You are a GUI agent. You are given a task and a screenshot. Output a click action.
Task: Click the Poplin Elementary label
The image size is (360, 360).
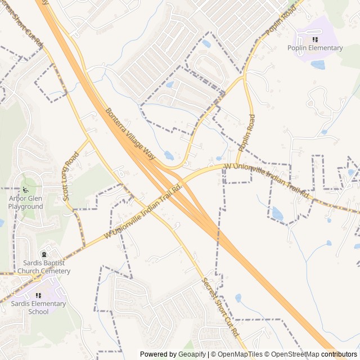315,48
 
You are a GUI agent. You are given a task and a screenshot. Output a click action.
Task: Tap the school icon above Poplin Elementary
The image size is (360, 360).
315,39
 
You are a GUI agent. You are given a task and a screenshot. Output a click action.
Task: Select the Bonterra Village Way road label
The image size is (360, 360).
130,133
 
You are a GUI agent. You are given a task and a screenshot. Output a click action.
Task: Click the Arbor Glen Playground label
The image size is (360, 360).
25,202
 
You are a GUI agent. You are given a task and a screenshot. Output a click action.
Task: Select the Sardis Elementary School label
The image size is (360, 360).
38,308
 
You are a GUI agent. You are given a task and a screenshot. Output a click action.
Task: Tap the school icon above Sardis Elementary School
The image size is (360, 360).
38,295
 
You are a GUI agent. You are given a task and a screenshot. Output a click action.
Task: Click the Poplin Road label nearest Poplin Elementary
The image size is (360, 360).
281,23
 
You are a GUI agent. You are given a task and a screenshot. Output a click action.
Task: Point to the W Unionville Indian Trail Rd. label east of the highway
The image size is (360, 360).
267,181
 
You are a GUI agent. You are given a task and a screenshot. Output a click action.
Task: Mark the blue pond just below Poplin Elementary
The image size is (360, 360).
318,65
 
